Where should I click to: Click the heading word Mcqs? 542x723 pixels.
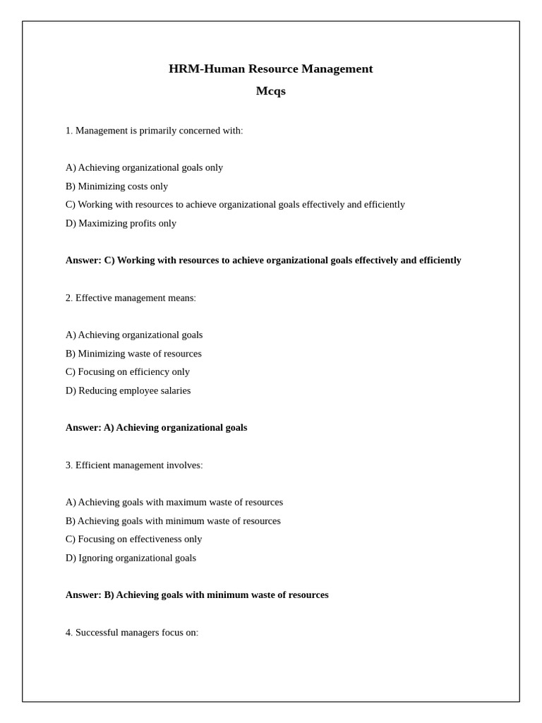tap(270, 91)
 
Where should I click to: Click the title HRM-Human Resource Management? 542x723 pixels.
tap(270, 68)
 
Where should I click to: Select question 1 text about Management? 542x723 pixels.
tap(154, 131)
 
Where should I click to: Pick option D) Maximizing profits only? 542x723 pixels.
tap(121, 223)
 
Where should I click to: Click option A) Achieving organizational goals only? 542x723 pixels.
tap(144, 167)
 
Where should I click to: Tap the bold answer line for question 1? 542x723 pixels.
tap(263, 260)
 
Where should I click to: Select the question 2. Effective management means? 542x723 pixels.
tap(131, 298)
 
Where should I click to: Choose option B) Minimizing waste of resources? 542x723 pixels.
tap(133, 354)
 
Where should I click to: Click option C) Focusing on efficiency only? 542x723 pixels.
tap(128, 372)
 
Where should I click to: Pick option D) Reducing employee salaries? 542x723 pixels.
tap(128, 390)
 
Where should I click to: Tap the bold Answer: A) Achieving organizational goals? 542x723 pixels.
tap(156, 428)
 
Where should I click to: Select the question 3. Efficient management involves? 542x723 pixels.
tap(134, 465)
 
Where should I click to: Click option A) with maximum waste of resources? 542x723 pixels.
tap(174, 502)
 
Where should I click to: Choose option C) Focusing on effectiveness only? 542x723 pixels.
tap(133, 539)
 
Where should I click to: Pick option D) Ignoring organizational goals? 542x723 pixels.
tap(131, 558)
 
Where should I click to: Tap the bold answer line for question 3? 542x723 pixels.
tap(197, 595)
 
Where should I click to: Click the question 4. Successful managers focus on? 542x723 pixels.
tap(132, 633)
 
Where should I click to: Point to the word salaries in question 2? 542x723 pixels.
tap(174, 390)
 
